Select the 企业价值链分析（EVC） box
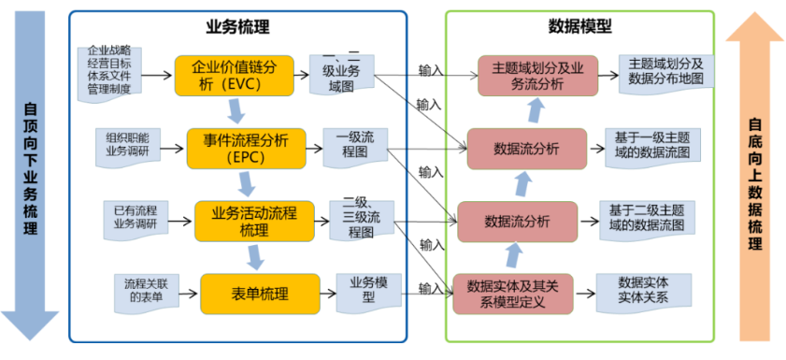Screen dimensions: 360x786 [234, 76]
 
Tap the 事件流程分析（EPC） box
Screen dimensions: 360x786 [247, 148]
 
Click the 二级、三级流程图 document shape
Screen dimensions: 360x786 [361, 219]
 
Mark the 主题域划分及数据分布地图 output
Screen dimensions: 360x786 [666, 72]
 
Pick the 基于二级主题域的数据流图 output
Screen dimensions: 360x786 [646, 219]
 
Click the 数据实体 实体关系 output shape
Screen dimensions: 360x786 [644, 291]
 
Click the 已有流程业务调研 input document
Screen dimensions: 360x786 [135, 217]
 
